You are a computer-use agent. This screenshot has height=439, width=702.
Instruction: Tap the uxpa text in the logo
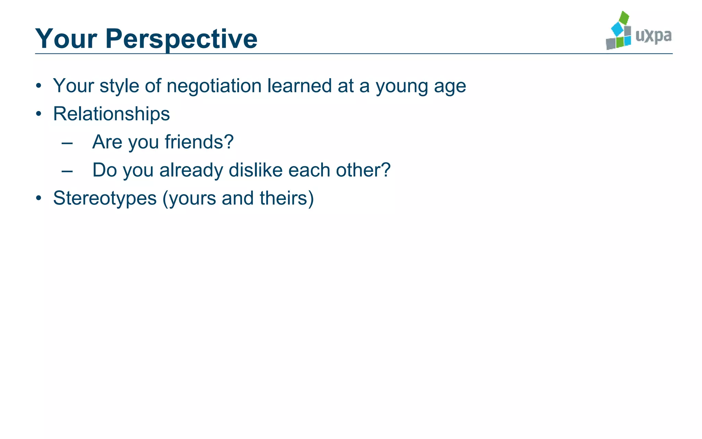click(653, 36)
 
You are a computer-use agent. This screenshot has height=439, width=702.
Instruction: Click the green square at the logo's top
click(624, 17)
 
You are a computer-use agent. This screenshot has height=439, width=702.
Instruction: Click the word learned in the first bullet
click(299, 86)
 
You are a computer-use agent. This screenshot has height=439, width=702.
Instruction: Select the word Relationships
click(111, 114)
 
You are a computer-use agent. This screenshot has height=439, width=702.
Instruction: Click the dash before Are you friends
click(67, 143)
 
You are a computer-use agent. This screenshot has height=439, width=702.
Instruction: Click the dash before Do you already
click(67, 171)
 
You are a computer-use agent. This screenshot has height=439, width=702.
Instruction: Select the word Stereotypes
click(105, 198)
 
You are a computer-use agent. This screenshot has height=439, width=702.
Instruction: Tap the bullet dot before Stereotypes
click(39, 198)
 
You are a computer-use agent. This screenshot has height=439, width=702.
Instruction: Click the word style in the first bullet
click(119, 86)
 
